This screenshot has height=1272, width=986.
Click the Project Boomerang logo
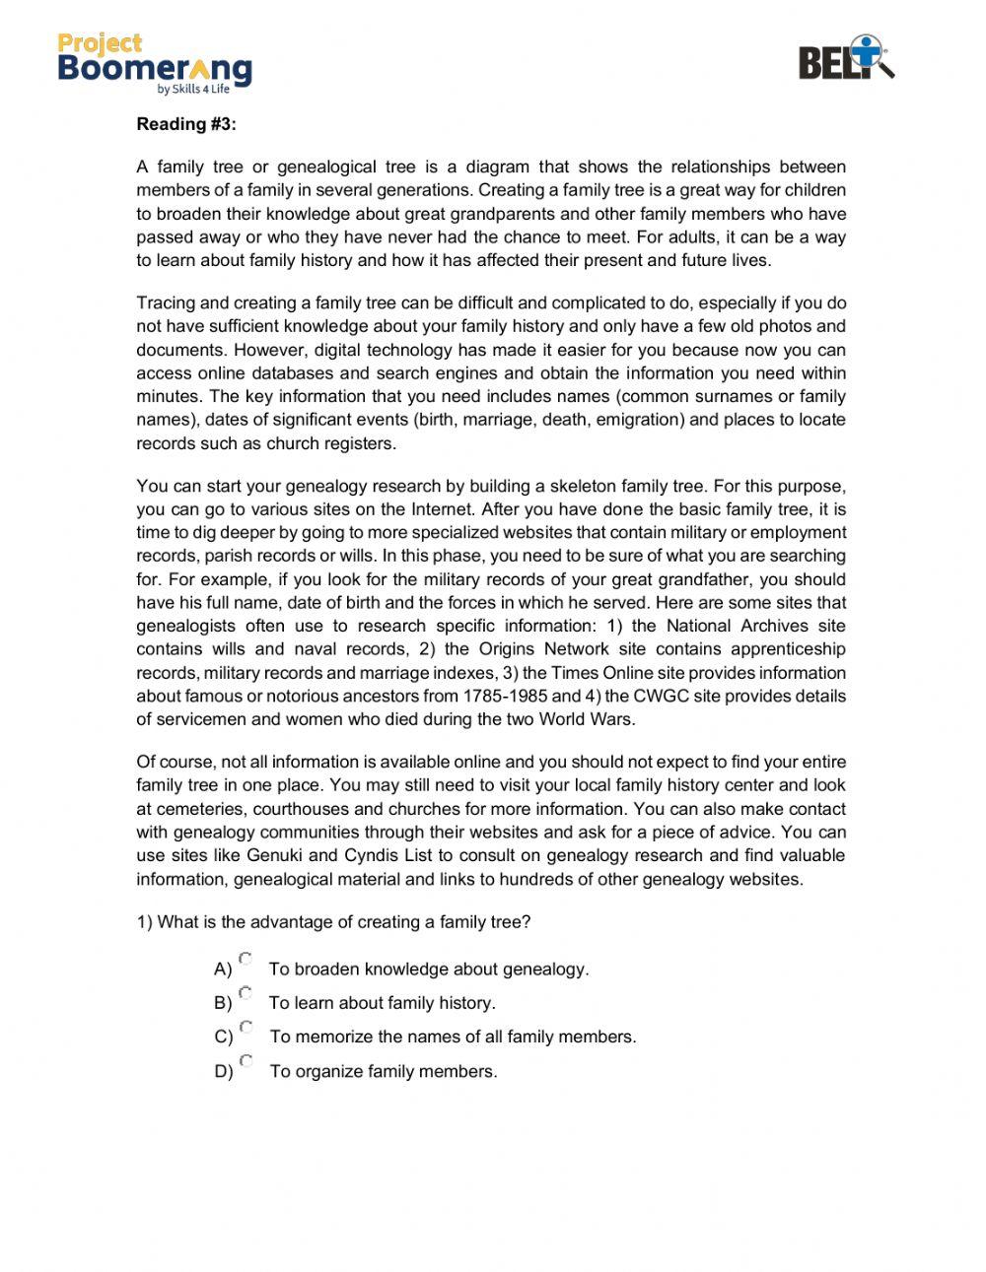pos(155,62)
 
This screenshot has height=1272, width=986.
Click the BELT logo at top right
pos(846,58)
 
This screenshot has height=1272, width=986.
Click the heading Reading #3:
pos(186,124)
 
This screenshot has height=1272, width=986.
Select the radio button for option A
pos(246,958)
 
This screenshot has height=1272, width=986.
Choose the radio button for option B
pos(246,992)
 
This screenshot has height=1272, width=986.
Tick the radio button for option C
pos(246,1027)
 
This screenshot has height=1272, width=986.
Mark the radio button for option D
pos(246,1061)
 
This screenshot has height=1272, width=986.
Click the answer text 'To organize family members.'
pos(384,1072)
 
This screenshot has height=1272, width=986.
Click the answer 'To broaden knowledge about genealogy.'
pos(429,970)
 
